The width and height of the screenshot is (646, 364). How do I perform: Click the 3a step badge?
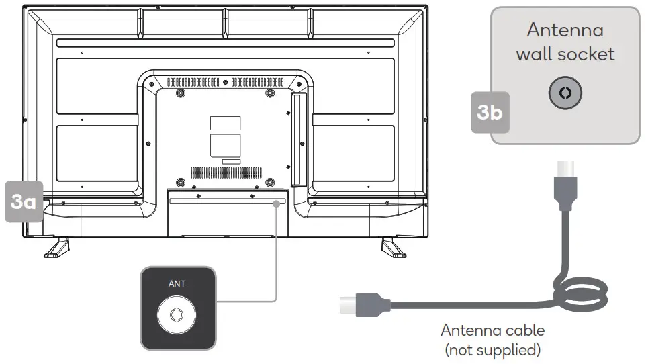coord(24,201)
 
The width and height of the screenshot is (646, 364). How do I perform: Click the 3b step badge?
coord(490,112)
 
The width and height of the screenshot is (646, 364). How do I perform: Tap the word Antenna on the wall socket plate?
coord(565,30)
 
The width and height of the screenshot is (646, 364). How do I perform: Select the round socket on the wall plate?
coord(565,94)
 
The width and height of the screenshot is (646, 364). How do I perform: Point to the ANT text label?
coord(177,283)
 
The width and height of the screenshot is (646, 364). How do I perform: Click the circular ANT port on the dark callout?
coord(177,316)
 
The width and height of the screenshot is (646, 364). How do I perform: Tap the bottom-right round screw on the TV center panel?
coord(269,181)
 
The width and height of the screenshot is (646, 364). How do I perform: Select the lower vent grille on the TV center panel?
coord(229,172)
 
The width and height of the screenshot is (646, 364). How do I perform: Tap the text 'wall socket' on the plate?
coord(565,54)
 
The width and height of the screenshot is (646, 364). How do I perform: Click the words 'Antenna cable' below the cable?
coord(492,330)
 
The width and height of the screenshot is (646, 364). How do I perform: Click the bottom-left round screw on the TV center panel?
coord(180,181)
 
